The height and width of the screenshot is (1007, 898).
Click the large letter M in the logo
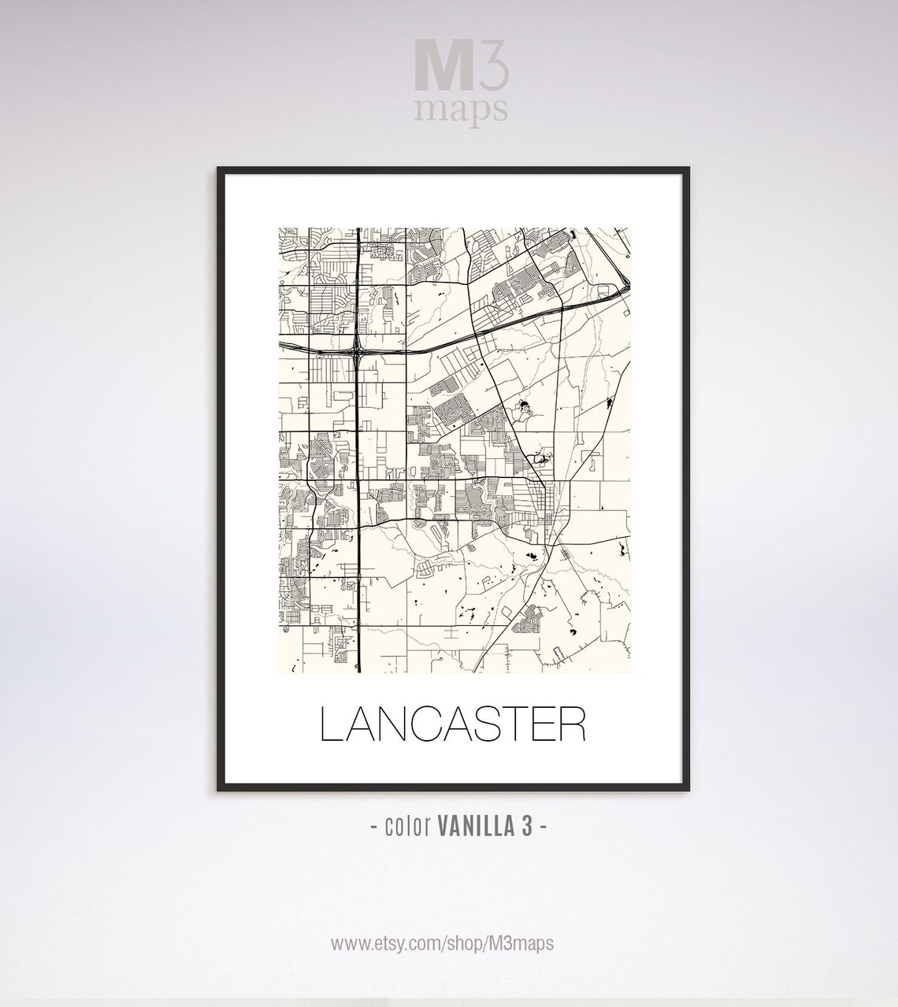(443, 70)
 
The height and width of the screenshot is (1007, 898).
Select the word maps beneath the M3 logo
(462, 109)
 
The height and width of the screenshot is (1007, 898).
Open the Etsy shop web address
(442, 943)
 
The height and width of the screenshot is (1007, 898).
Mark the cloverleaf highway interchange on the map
(359, 345)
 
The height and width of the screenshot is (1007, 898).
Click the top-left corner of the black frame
(219, 168)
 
